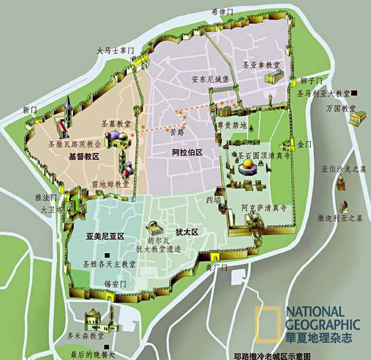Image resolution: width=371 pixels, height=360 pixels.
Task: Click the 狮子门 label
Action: (x=310, y=81)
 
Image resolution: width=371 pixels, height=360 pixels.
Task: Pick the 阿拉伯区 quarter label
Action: (x=187, y=153)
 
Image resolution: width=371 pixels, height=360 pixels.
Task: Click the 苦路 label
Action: (x=177, y=133)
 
